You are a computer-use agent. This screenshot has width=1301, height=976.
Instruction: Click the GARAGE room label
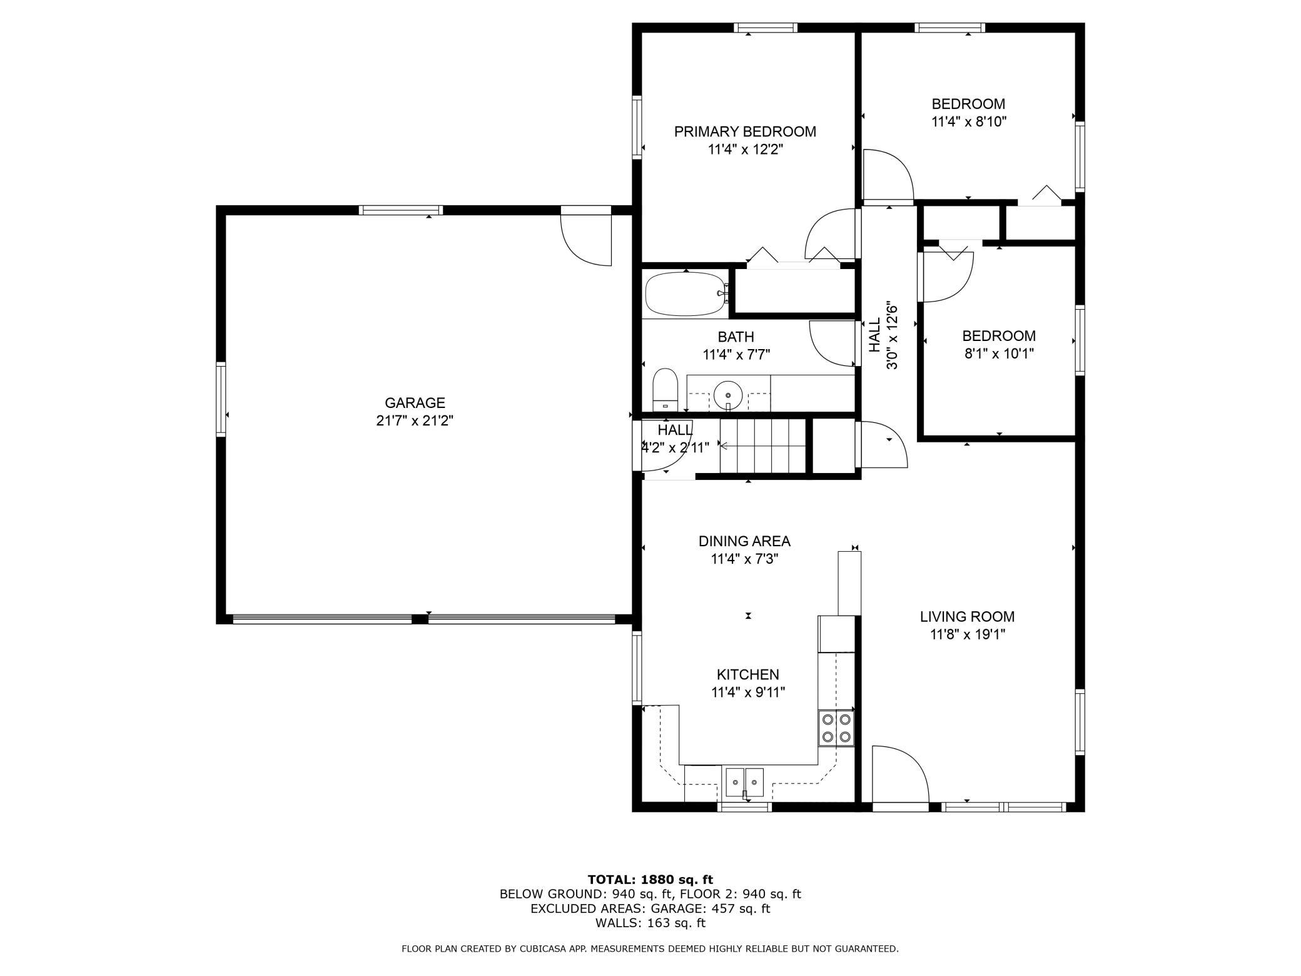[415, 403]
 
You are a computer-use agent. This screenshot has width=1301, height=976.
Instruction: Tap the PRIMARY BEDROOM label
[745, 131]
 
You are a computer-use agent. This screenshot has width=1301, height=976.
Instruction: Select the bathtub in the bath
[687, 294]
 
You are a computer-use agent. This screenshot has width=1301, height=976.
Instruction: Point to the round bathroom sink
[728, 395]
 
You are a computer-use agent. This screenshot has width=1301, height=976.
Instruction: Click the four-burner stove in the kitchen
[836, 728]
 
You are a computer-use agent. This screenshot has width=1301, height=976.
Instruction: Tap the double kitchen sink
[744, 782]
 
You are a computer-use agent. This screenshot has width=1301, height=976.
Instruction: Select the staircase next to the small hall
[762, 445]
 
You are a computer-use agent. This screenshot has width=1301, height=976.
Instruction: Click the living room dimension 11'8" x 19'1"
[967, 635]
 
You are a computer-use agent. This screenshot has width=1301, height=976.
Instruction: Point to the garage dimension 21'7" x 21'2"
[415, 420]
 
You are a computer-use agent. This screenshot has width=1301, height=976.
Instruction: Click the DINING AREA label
[744, 541]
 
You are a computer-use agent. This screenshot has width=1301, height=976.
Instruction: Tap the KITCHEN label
[747, 674]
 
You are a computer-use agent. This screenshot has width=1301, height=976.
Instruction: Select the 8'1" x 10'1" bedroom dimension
[999, 353]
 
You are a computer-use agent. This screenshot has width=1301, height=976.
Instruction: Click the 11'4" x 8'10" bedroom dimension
[968, 121]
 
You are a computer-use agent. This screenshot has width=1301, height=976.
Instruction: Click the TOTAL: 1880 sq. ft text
[650, 880]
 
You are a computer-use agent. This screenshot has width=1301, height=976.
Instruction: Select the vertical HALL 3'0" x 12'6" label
[883, 336]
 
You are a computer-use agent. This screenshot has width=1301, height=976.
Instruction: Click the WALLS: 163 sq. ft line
[650, 923]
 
